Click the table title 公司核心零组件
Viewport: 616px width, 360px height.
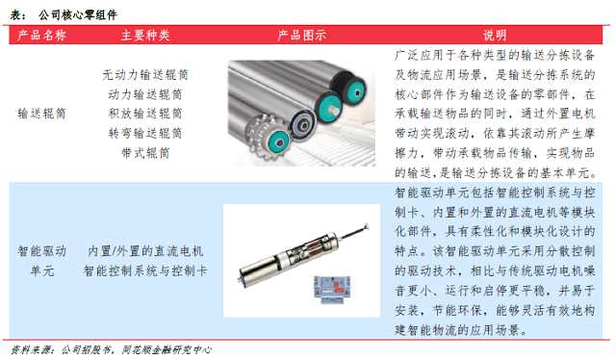78,15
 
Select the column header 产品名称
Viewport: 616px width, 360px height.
41,36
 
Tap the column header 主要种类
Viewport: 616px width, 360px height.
145,36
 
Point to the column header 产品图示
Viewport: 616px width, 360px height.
301,36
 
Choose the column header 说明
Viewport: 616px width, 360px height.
495,36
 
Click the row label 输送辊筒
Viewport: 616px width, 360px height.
41,114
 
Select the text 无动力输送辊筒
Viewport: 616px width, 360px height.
145,75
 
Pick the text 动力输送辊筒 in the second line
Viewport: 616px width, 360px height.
145,94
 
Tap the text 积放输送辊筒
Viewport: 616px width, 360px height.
145,114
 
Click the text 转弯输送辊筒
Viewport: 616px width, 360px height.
145,133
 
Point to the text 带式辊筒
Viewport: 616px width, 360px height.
145,153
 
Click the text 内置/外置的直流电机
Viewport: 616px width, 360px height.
145,251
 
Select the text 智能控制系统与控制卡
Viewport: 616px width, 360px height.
145,270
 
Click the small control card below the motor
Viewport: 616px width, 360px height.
332,289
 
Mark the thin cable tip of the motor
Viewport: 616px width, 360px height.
367,225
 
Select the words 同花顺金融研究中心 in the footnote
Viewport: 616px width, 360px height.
167,349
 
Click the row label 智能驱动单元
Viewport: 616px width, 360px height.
41,261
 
